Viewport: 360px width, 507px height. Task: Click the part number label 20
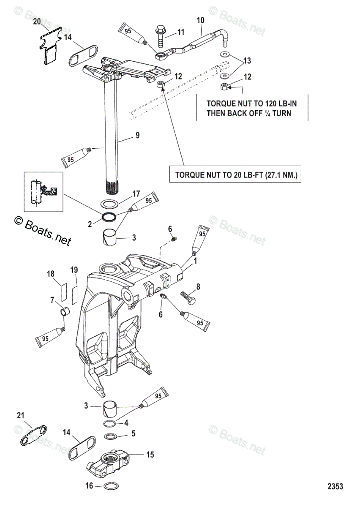pos(37,21)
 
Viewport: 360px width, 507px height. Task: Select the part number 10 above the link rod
pos(200,20)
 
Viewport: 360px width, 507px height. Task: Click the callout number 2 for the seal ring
pos(90,224)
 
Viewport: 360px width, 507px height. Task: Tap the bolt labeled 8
pos(188,296)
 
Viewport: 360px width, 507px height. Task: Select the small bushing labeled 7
pos(64,313)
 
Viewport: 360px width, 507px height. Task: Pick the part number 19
pos(74,270)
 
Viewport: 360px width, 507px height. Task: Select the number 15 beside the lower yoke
pos(150,455)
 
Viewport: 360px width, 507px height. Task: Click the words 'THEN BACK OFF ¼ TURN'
pos(248,113)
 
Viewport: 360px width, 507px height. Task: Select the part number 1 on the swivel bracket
pos(195,262)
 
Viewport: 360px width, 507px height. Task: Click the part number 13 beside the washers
pos(247,61)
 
